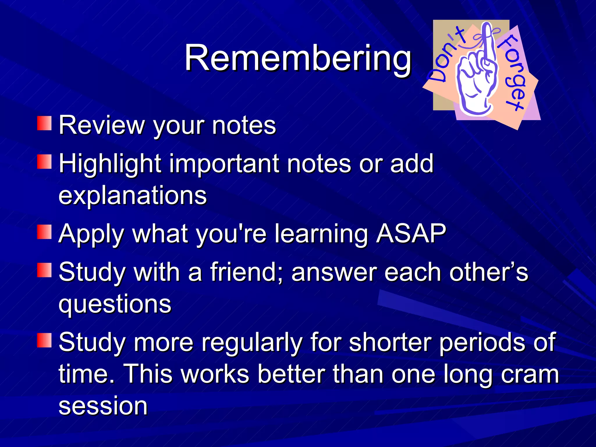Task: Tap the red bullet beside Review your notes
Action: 44,123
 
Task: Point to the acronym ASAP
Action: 411,233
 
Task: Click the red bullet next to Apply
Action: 44,232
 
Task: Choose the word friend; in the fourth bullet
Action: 246,272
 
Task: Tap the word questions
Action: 115,304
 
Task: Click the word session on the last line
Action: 103,406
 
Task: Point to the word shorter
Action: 390,342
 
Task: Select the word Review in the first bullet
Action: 102,125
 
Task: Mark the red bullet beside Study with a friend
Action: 44,270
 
